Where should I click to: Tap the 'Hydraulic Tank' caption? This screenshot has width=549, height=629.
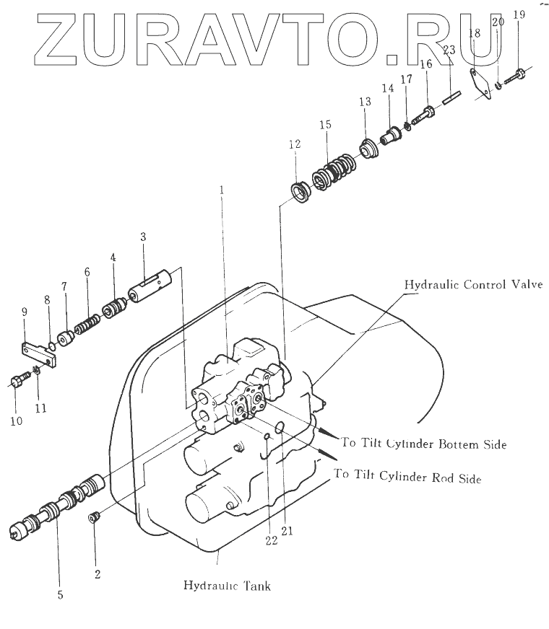[227, 586]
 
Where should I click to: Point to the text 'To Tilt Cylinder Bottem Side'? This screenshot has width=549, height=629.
[423, 444]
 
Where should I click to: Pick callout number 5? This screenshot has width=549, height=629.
[60, 595]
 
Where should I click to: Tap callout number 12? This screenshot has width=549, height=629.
[293, 144]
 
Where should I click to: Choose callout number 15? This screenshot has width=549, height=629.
[325, 125]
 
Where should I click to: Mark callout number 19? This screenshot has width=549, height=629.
[518, 14]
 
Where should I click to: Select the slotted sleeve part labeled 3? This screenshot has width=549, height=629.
[153, 288]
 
